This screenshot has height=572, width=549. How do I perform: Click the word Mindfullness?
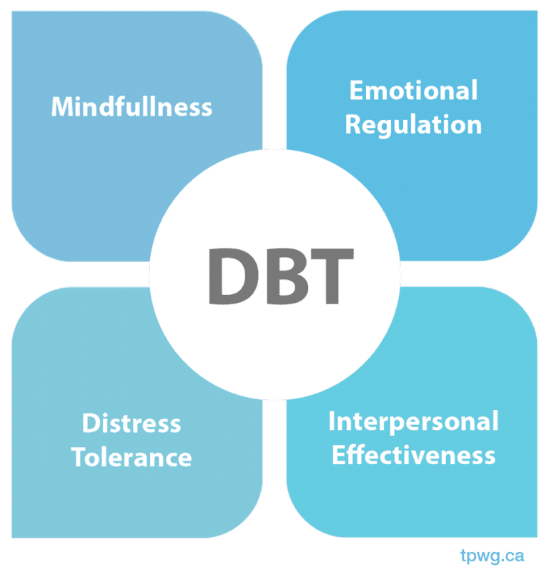[x=132, y=107]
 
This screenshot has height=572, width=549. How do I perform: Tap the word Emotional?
[x=413, y=91]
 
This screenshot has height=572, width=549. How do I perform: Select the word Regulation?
[x=413, y=125]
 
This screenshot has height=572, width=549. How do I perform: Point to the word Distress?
[x=132, y=423]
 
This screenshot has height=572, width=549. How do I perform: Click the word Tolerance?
[x=132, y=457]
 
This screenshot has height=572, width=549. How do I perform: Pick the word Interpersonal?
[x=413, y=421]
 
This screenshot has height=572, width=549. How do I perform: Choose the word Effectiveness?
[x=413, y=455]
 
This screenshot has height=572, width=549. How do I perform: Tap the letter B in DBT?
[x=283, y=276]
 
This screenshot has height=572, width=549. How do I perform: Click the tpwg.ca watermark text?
[x=503, y=554]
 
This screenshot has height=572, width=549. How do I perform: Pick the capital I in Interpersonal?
[x=332, y=421]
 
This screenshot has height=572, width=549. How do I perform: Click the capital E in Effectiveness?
[x=338, y=455]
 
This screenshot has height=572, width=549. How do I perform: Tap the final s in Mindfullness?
[x=207, y=109]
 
